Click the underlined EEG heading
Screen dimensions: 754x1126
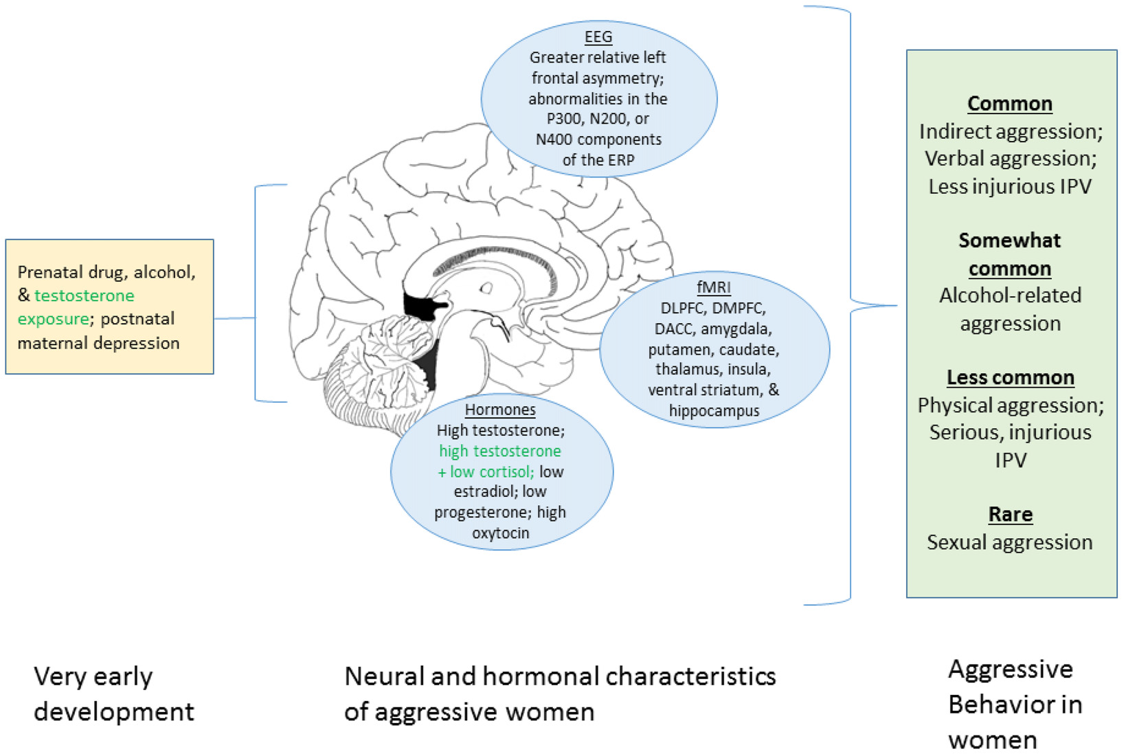(x=598, y=37)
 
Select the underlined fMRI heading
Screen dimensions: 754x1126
(x=714, y=287)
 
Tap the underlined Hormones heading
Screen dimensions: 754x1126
(x=500, y=410)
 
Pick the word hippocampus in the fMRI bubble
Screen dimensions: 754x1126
(x=714, y=411)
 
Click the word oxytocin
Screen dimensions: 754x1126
(x=500, y=533)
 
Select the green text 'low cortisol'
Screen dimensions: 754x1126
(x=492, y=472)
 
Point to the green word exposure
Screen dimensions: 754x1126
(x=53, y=319)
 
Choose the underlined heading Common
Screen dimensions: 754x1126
(x=1009, y=104)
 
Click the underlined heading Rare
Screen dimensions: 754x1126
(x=1010, y=514)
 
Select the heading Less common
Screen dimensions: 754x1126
(x=1010, y=377)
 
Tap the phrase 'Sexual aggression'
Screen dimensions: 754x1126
(x=1009, y=542)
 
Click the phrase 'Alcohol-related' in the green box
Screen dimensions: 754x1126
(x=1010, y=296)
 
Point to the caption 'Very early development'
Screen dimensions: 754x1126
(x=113, y=694)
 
